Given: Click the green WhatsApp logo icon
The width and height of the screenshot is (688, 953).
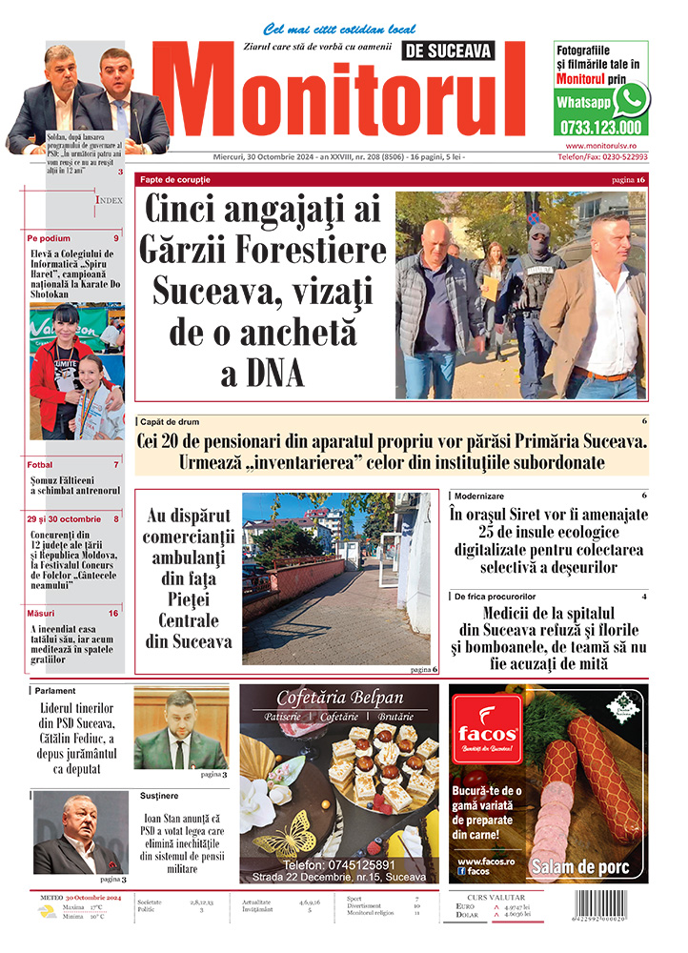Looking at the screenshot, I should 631,99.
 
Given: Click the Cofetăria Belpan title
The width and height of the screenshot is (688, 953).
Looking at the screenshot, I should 340,698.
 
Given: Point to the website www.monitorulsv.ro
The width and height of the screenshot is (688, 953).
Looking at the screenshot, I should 600,145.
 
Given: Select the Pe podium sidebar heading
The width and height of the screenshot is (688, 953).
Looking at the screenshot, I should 48,237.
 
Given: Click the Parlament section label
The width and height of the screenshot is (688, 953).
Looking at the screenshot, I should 57,691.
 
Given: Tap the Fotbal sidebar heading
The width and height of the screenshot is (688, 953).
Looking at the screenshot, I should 40,465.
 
